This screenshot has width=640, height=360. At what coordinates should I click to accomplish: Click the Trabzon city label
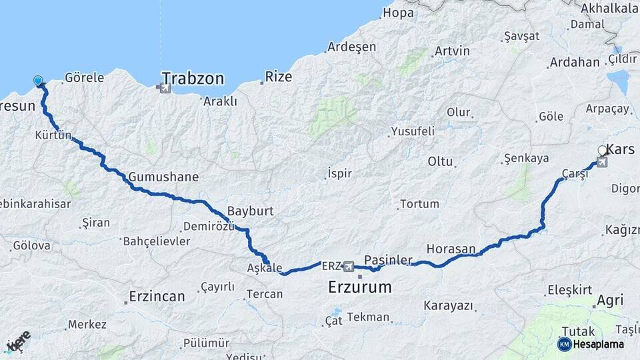pos(193,79)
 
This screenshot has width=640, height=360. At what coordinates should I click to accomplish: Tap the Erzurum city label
pos(359,287)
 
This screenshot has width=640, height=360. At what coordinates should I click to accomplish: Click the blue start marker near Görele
pos(38,81)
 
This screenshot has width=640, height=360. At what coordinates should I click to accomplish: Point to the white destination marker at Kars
pos(603,151)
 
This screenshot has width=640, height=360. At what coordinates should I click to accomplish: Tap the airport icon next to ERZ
pos(348,267)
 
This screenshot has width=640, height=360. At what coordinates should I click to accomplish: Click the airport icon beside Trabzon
pos(164,87)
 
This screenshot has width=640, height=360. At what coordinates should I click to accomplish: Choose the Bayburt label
pos(250,211)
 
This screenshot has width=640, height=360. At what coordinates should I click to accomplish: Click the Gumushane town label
pos(154,177)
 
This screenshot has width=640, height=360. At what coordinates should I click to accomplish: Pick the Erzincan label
pos(157,297)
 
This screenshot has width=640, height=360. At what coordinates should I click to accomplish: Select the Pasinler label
pos(389,259)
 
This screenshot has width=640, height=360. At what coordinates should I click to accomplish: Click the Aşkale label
pos(265,267)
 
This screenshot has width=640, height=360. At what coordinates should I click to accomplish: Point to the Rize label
pos(279,77)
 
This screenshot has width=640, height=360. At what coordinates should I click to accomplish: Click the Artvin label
pos(452,51)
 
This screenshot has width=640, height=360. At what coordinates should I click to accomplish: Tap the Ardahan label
pos(574,63)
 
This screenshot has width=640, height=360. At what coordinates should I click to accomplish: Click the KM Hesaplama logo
pos(591,344)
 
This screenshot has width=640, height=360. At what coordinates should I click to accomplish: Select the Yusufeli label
pos(413,131)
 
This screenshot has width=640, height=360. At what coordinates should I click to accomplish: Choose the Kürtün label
pos(53,136)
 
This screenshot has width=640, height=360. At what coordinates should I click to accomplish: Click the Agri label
pos(610,301)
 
